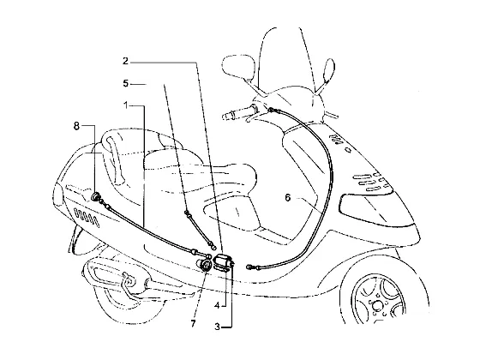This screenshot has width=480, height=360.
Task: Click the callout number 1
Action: (126, 105)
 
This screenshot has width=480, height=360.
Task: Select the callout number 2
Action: (125, 61)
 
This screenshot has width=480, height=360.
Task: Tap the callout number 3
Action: (217, 327)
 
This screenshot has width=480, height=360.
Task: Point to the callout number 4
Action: (217, 305)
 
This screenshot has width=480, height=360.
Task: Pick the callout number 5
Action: (126, 83)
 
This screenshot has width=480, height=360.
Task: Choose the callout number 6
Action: (287, 198)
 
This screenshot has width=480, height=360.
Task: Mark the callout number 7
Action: (193, 323)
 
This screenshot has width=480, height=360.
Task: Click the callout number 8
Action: (76, 125)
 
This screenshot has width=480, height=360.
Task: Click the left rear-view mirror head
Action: (239, 67)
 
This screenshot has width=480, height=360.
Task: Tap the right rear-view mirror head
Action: (329, 71)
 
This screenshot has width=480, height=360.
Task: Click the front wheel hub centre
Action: (377, 305)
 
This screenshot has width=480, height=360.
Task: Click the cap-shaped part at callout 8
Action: (96, 196)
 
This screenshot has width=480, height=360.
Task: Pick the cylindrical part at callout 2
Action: (224, 261)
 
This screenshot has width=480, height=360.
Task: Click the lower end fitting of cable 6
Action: (252, 267)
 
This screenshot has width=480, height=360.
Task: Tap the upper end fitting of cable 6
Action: (273, 110)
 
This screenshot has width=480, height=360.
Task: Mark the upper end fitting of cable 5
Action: (187, 213)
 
